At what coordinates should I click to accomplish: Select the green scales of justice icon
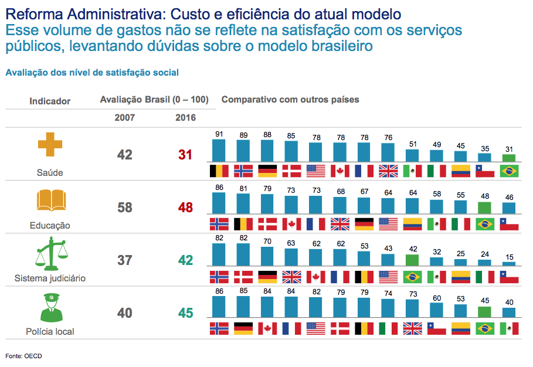click(x=50, y=253)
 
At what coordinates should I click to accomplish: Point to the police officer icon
click(x=50, y=307)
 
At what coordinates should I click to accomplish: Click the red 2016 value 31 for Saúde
click(x=185, y=155)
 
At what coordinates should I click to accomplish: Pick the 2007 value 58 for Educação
click(x=125, y=208)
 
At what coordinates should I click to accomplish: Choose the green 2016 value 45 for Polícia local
click(x=185, y=313)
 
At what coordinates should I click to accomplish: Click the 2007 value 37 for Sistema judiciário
click(x=125, y=260)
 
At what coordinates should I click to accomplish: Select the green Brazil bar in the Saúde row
click(x=508, y=158)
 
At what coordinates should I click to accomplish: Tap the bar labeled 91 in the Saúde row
click(x=219, y=150)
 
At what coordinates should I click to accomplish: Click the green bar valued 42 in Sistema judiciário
click(x=412, y=261)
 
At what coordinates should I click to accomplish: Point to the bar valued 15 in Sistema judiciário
click(x=508, y=264)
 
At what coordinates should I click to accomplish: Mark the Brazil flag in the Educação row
click(x=484, y=224)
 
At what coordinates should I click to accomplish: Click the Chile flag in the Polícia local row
click(x=436, y=328)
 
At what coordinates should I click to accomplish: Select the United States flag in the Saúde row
click(x=315, y=171)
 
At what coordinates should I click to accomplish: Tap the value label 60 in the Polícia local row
click(x=436, y=298)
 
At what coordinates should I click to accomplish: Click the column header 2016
click(x=185, y=117)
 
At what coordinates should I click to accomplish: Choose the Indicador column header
click(x=50, y=101)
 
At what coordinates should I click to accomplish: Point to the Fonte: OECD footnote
click(x=23, y=356)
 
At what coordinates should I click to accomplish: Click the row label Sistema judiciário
click(x=50, y=278)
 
